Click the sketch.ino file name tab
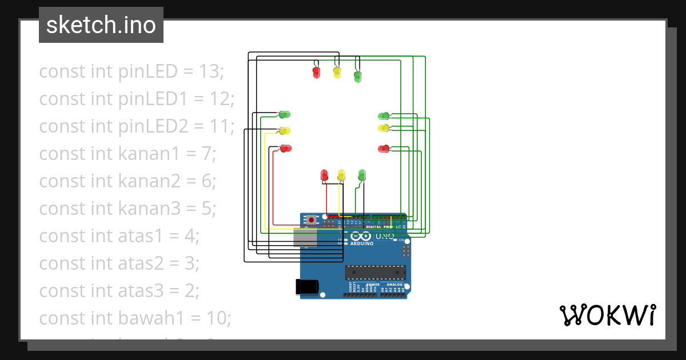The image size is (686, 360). (x=101, y=25)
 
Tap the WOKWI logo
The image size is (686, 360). (x=607, y=315)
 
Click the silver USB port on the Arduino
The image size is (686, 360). (x=305, y=237)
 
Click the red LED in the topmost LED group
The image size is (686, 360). (x=316, y=72)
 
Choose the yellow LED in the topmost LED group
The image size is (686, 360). (x=337, y=72)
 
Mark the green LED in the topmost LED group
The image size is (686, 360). (x=357, y=76)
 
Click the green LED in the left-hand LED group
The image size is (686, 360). (x=284, y=115)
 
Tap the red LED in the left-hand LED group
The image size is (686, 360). (x=285, y=149)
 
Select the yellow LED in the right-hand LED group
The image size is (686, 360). (x=384, y=128)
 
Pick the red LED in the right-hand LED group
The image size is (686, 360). (x=384, y=149)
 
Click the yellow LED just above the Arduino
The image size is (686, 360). (x=341, y=175)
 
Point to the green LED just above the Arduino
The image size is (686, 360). (x=361, y=174)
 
